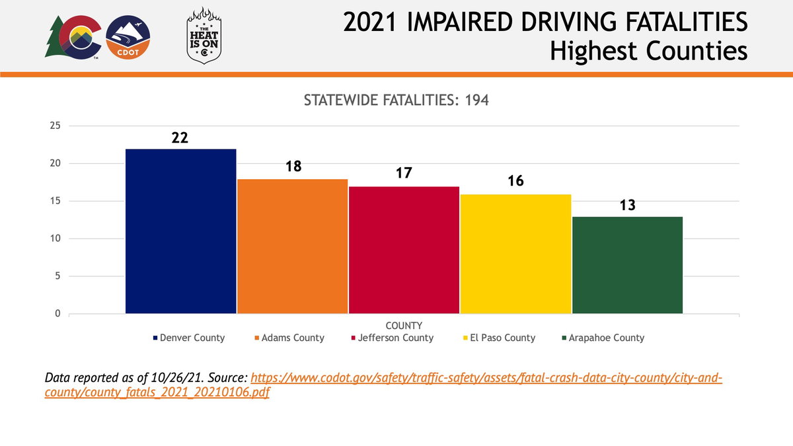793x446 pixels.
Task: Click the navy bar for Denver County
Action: coord(180,231)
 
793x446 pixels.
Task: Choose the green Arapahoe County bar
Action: coord(627,264)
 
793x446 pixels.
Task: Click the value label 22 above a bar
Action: coord(180,138)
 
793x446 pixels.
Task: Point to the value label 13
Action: coord(627,205)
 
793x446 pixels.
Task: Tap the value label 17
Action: coord(404,174)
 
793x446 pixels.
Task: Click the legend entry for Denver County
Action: coord(189,338)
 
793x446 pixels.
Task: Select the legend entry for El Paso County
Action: coord(499,338)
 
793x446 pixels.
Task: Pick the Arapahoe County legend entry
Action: coord(603,338)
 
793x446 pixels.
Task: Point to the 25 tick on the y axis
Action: coord(55,126)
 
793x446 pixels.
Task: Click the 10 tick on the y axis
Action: coord(55,239)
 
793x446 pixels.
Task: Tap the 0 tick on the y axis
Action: coord(58,314)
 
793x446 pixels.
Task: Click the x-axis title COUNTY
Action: coord(404,326)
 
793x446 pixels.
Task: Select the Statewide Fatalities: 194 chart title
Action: coord(396,100)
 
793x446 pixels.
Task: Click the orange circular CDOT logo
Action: coord(128,38)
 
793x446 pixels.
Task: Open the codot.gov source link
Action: coord(486,379)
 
